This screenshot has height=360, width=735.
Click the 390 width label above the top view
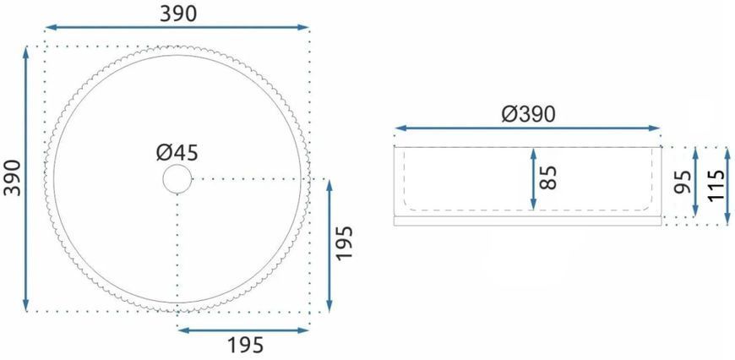click(x=178, y=14)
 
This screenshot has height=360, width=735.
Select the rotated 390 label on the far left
click(x=13, y=178)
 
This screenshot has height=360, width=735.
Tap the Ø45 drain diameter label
click(x=177, y=153)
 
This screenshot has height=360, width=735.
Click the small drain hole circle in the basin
click(x=177, y=178)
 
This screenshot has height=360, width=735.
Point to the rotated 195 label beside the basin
click(x=344, y=243)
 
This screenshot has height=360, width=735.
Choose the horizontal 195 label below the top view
click(x=246, y=346)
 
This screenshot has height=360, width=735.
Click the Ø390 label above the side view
click(x=528, y=114)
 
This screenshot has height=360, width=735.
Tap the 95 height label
click(x=683, y=182)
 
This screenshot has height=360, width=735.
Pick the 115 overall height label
click(x=716, y=186)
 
